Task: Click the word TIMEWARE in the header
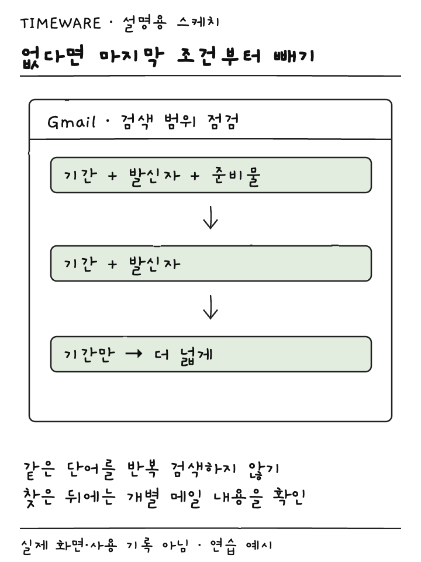(x=60, y=23)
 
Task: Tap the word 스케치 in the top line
(x=198, y=23)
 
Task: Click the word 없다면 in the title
(x=52, y=57)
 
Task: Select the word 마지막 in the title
(x=132, y=57)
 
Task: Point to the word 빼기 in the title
(x=294, y=56)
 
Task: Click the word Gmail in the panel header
(x=71, y=122)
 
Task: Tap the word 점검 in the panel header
(x=223, y=122)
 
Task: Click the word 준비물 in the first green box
(x=236, y=176)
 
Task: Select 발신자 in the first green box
(x=154, y=176)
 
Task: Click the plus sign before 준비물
(x=195, y=176)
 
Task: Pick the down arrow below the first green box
(x=210, y=217)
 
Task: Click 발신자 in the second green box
(x=154, y=264)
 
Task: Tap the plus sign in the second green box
(x=112, y=265)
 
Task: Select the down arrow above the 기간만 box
(x=210, y=307)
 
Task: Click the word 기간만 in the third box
(x=89, y=355)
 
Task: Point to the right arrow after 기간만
(x=134, y=354)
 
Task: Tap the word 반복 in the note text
(x=143, y=469)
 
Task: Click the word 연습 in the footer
(x=223, y=546)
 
